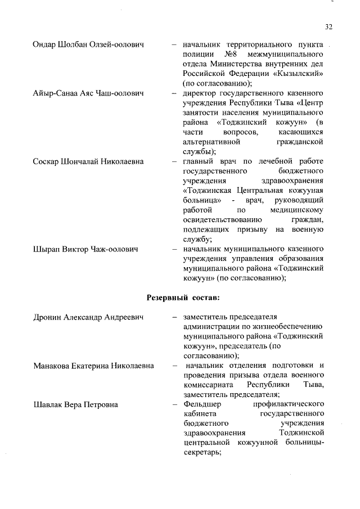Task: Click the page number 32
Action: pyautogui.click(x=329, y=26)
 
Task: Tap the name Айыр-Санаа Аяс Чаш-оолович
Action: pyautogui.click(x=89, y=92)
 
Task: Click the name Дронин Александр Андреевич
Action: pyautogui.click(x=88, y=318)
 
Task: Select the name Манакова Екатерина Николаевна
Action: pyautogui.click(x=93, y=366)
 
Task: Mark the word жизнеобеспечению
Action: pyautogui.click(x=286, y=327)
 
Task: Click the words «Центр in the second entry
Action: pyautogui.click(x=311, y=102)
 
